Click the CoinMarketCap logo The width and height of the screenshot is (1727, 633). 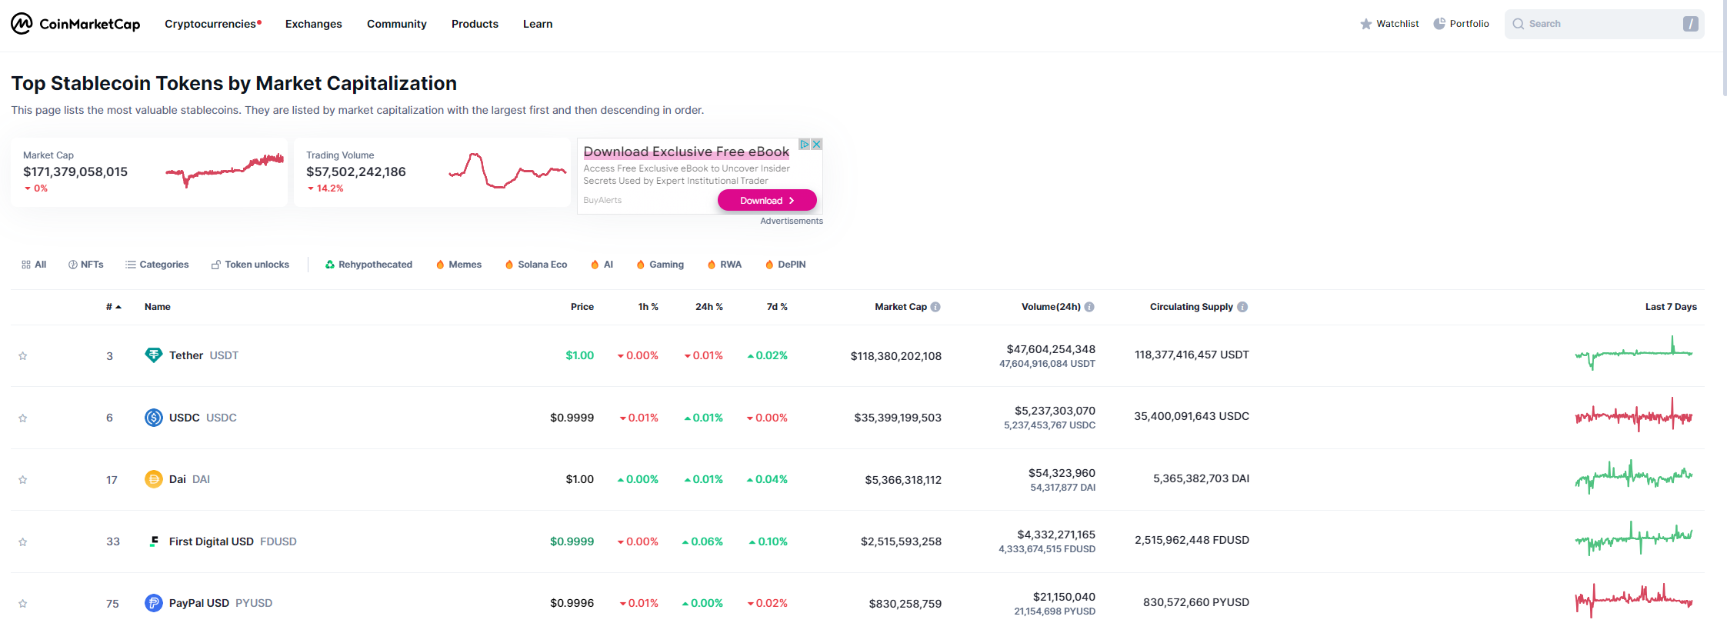tap(75, 24)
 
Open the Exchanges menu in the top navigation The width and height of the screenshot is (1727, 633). tap(313, 24)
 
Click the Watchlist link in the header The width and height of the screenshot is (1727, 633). tap(1389, 24)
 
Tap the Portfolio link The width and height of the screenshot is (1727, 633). tap(1461, 24)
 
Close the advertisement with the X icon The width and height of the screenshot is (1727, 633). tap(817, 144)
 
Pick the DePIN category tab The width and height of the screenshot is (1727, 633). tap(785, 265)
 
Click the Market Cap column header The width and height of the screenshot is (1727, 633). tap(900, 307)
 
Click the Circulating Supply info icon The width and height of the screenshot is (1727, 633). tap(1242, 307)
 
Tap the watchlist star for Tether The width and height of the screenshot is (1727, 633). tap(23, 356)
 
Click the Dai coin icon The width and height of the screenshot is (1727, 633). tap(154, 479)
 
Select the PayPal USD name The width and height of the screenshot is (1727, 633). tap(198, 603)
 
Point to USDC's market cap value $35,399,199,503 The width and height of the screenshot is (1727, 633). tap(897, 418)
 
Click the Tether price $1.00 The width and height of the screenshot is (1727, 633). tap(579, 355)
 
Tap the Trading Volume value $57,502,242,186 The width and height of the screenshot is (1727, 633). tap(355, 172)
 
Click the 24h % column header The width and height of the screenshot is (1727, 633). tap(708, 307)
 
